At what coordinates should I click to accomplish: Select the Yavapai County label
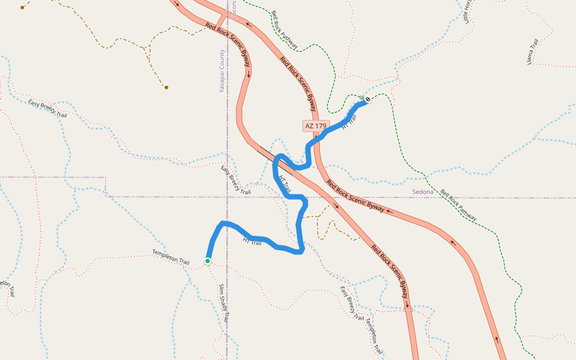[x=221, y=71]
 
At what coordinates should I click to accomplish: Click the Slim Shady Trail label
[x=224, y=303]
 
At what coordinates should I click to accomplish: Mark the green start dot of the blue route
[x=208, y=261]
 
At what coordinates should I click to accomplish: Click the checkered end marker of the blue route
[x=367, y=100]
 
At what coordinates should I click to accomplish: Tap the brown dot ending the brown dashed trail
[x=166, y=88]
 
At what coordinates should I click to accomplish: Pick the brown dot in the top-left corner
[x=22, y=8]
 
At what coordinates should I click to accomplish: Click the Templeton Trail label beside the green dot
[x=170, y=257]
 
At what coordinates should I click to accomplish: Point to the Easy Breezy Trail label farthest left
[x=47, y=108]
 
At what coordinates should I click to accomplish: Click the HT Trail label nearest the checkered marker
[x=349, y=123]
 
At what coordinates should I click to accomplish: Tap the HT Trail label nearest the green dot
[x=252, y=242]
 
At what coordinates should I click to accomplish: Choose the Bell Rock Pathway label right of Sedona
[x=458, y=206]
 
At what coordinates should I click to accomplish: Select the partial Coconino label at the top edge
[x=234, y=8]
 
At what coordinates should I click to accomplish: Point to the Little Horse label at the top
[x=468, y=11]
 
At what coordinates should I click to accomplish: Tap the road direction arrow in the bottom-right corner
[x=497, y=340]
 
